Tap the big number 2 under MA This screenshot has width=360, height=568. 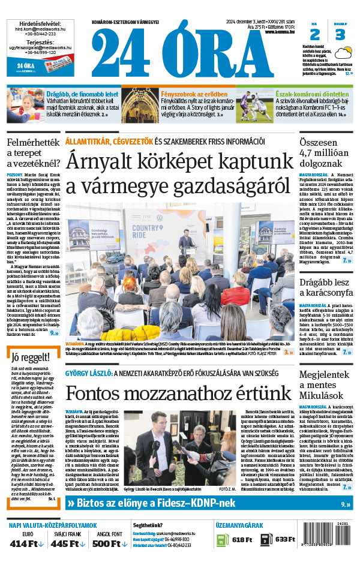click(x=315, y=34)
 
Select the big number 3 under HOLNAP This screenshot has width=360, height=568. click(x=340, y=34)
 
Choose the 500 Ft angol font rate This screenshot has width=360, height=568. click(x=110, y=543)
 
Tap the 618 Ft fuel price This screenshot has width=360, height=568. click(x=242, y=539)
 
